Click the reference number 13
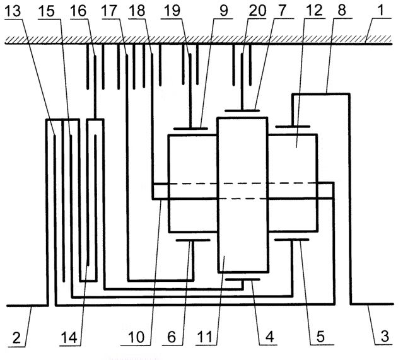coord(13,11)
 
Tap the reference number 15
coord(47,11)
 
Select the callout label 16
coord(78,11)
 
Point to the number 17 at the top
coord(110,11)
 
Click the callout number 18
coord(137,11)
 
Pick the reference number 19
coord(172,11)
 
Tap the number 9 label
coord(224,11)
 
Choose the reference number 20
coord(258,11)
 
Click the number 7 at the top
coord(282,11)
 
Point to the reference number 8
coord(342,11)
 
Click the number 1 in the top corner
coord(381,11)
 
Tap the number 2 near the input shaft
coord(16,338)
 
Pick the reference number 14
coord(69,338)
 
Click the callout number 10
coord(136,337)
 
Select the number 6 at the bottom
coord(172,337)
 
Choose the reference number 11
coord(204,337)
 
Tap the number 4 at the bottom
coord(269,337)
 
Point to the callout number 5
coord(320,337)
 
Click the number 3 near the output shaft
coord(385,337)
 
